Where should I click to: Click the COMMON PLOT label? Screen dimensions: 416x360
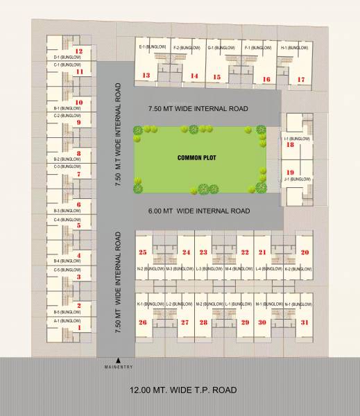[x=198, y=158]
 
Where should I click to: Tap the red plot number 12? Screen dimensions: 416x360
[x=79, y=51]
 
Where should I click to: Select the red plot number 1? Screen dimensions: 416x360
[x=79, y=328]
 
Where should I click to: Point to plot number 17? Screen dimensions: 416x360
[x=300, y=79]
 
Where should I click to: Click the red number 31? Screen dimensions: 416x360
[x=305, y=322]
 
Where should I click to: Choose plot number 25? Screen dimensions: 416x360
[x=143, y=252]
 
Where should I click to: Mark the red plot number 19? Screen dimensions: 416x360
[x=291, y=172]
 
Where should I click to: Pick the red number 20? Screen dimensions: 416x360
[x=305, y=252]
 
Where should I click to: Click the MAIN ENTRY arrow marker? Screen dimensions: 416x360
[x=119, y=359]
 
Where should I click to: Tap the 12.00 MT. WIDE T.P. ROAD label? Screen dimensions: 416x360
[x=183, y=390]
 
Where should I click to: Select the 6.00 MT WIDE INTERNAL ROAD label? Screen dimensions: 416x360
[x=198, y=210]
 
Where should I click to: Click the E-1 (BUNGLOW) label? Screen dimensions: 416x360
[x=153, y=47]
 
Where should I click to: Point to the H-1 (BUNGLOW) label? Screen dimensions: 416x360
[x=293, y=47]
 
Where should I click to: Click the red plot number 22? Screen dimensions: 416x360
[x=245, y=252]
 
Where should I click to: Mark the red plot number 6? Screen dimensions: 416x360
[x=79, y=205]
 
